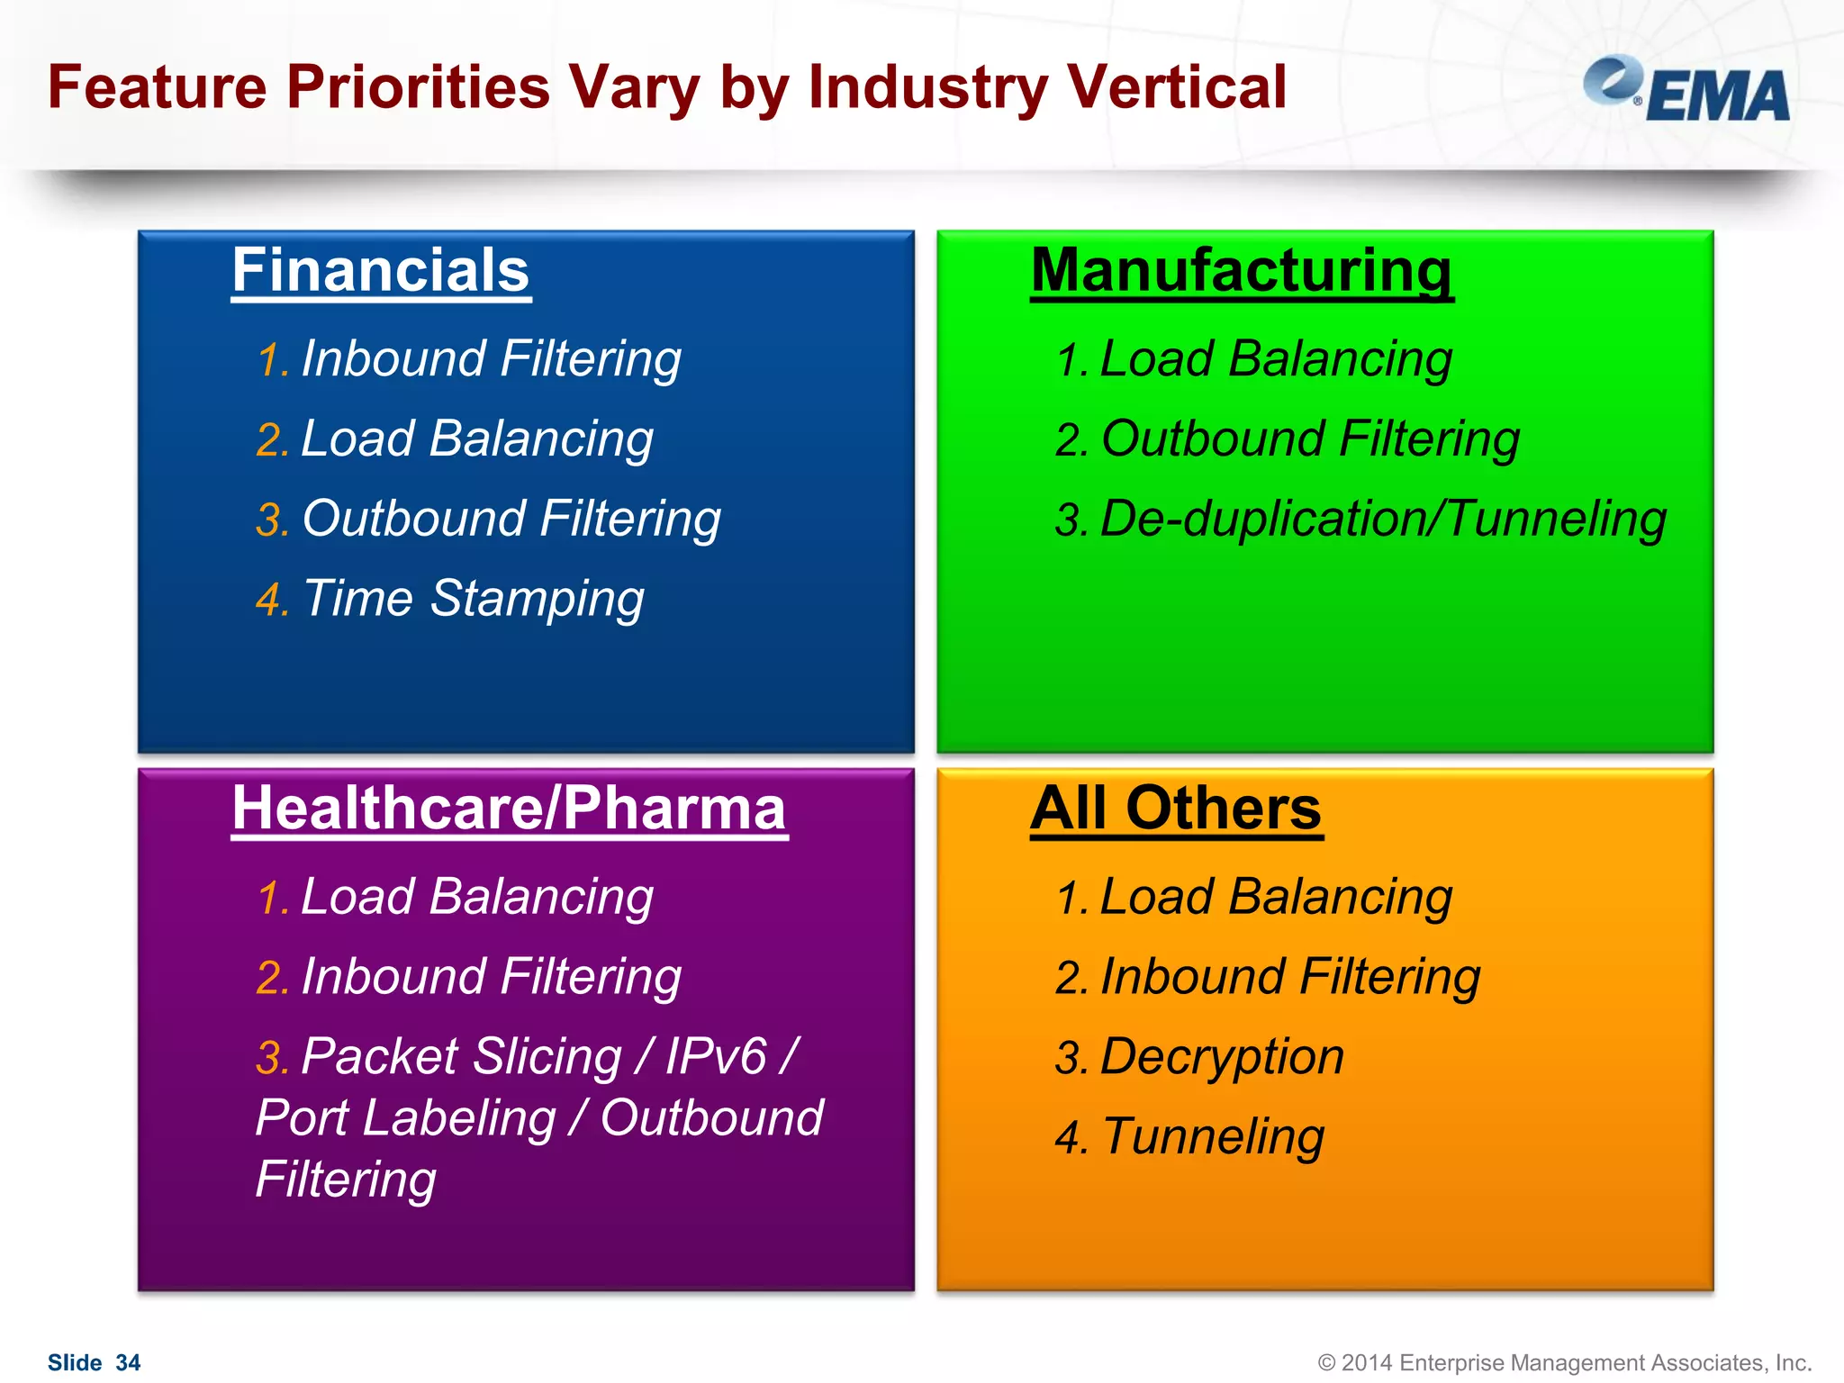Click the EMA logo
1686,90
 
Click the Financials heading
380,270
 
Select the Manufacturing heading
1241,270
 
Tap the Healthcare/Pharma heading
509,808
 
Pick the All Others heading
1175,808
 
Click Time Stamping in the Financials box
473,599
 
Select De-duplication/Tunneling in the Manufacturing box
1382,520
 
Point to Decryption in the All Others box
1221,1057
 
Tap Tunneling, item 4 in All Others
1212,1136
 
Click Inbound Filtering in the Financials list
491,359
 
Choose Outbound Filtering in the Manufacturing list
1309,439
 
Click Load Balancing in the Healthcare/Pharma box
476,897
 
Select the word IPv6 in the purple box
715,1057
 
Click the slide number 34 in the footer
128,1363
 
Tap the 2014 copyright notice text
1564,1363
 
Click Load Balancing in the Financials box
476,439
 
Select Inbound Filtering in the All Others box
1289,977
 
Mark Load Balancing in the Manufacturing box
1275,359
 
